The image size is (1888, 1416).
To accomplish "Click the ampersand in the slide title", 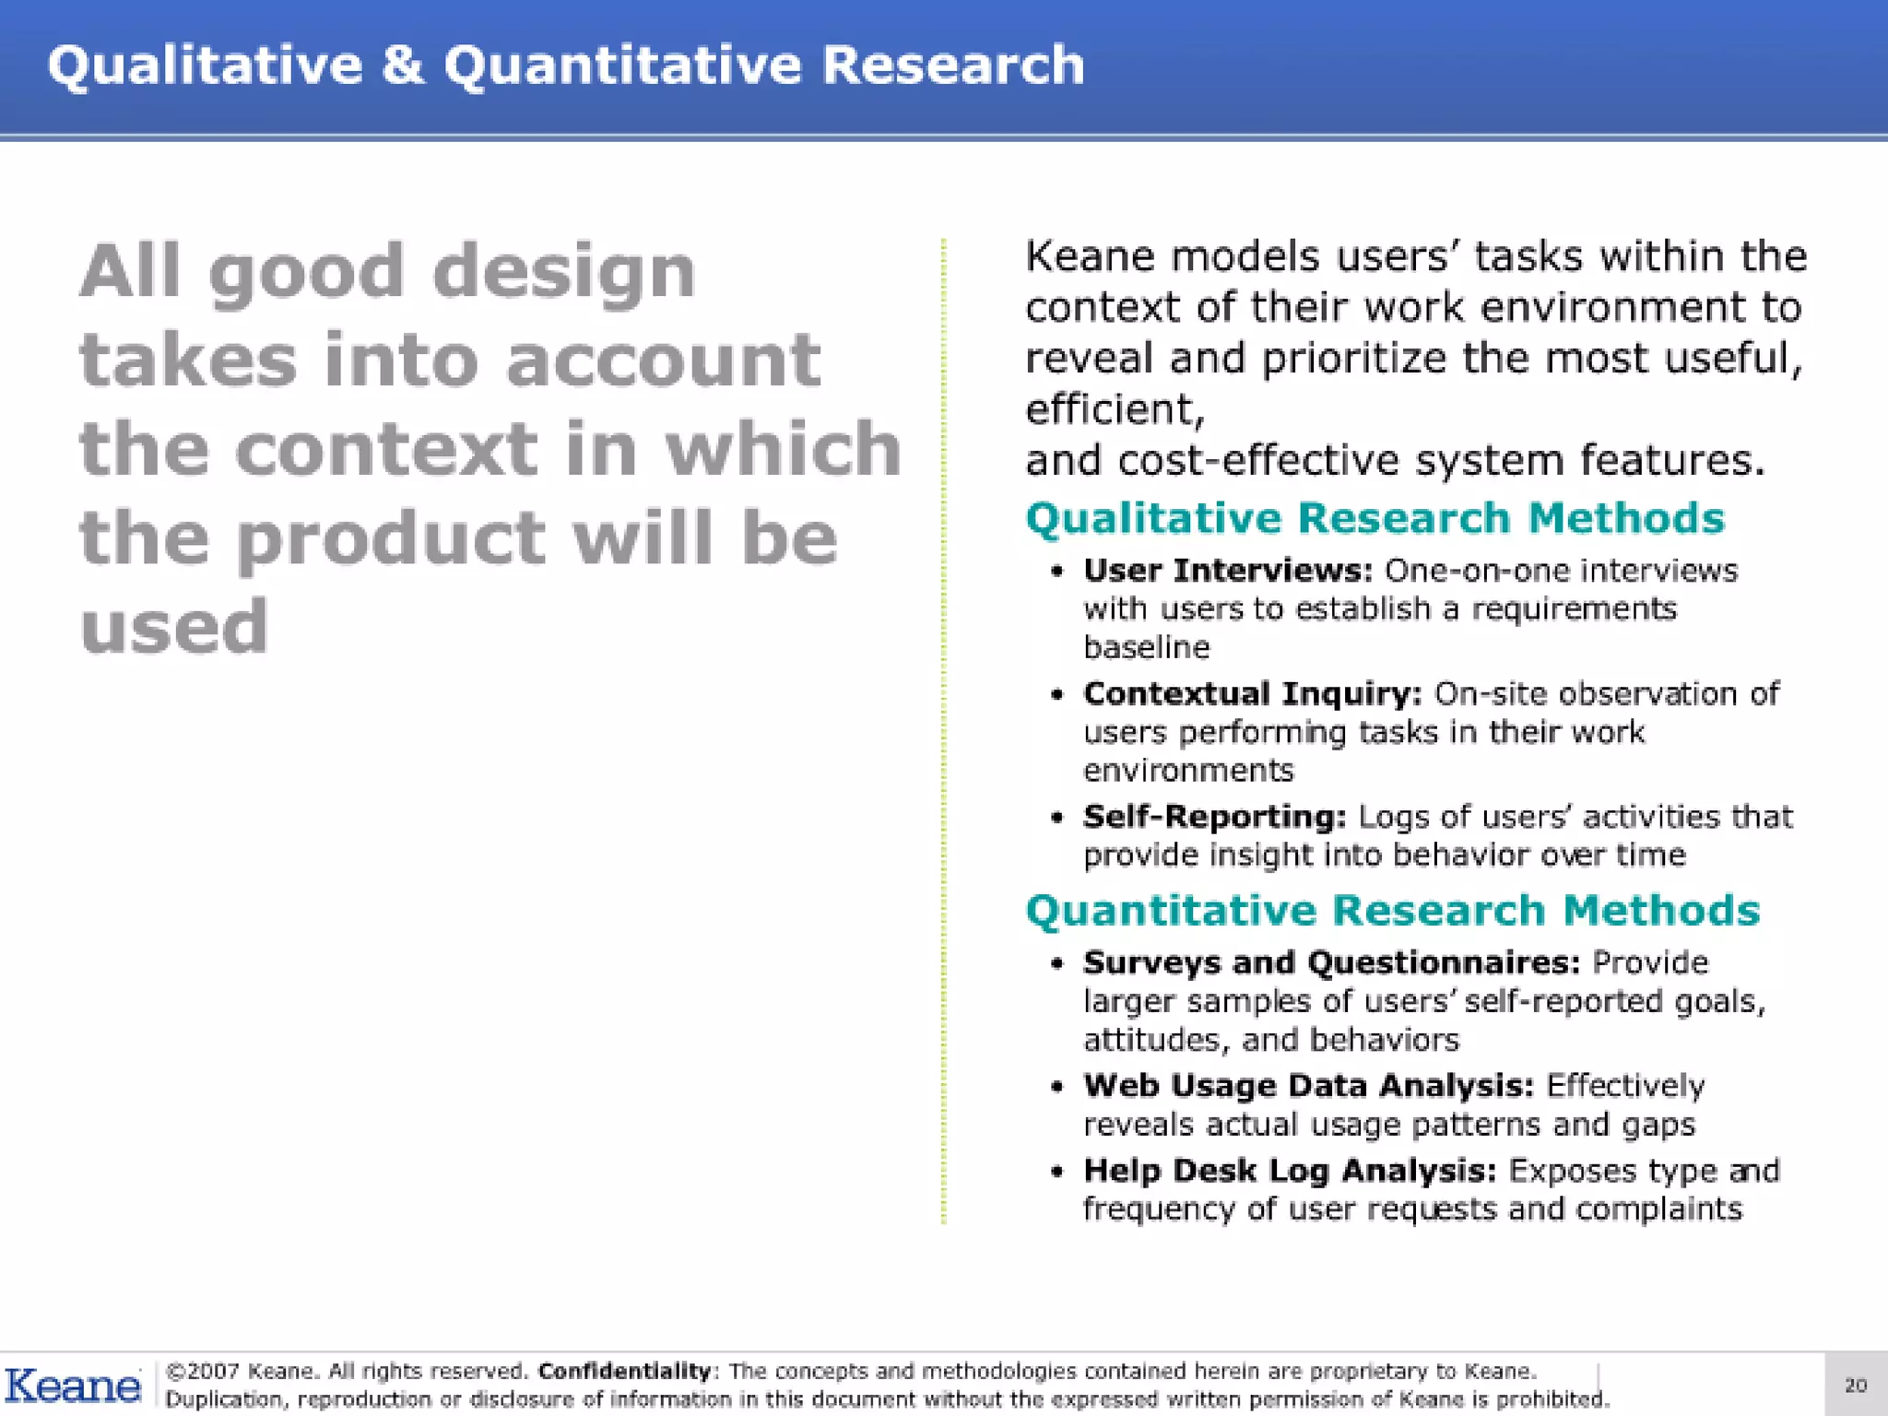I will [402, 65].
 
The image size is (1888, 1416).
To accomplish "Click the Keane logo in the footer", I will [73, 1386].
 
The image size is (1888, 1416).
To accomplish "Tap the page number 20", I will [1855, 1385].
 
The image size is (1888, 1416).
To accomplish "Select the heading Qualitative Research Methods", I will [1374, 518].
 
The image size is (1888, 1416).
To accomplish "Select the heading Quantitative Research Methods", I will [1392, 911].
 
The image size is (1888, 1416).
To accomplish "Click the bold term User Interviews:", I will [1228, 571].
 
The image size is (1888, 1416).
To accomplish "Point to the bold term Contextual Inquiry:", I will [1252, 693].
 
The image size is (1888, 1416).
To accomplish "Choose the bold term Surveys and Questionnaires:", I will [1331, 962].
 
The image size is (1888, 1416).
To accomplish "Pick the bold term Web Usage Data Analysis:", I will [1308, 1086].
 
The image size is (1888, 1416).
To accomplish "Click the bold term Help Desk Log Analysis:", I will [1289, 1171].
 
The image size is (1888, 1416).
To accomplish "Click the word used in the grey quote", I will [174, 627].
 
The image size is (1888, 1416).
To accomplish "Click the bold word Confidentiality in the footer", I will [624, 1371].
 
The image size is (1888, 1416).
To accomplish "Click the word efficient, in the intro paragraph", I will [1114, 409].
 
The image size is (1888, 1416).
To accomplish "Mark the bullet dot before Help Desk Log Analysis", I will [1056, 1172].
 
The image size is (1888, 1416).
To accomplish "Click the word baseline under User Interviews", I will [1146, 648].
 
